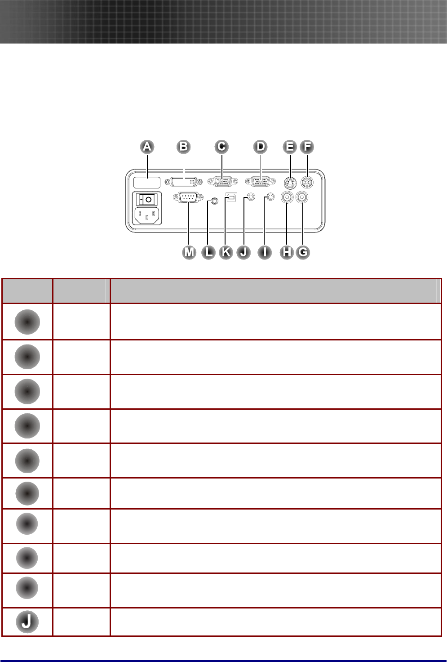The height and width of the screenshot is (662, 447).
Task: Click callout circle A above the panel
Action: (x=147, y=147)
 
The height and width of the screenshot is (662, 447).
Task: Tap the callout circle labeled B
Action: (x=183, y=147)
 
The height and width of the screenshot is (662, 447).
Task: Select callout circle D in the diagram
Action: (x=260, y=147)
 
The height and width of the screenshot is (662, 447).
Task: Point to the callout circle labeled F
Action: (x=307, y=147)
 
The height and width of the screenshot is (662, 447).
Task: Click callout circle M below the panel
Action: (x=190, y=252)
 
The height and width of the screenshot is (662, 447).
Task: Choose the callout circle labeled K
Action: (x=226, y=252)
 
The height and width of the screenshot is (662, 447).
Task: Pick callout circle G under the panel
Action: (x=303, y=252)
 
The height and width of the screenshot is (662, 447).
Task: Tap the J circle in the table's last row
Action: (x=27, y=622)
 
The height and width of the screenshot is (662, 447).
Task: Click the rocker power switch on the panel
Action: (x=146, y=199)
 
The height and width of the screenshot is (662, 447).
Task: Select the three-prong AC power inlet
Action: (x=147, y=215)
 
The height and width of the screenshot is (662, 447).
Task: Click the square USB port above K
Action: (x=231, y=198)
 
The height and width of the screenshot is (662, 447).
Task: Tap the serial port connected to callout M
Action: (x=187, y=197)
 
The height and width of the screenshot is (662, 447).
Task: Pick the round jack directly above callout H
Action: (x=287, y=197)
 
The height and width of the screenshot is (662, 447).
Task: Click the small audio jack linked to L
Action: (x=214, y=201)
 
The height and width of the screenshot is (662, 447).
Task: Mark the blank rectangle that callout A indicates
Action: (x=147, y=182)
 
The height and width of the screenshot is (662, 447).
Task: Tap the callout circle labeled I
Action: (x=265, y=252)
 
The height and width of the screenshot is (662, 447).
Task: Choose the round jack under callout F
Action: (x=307, y=183)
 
